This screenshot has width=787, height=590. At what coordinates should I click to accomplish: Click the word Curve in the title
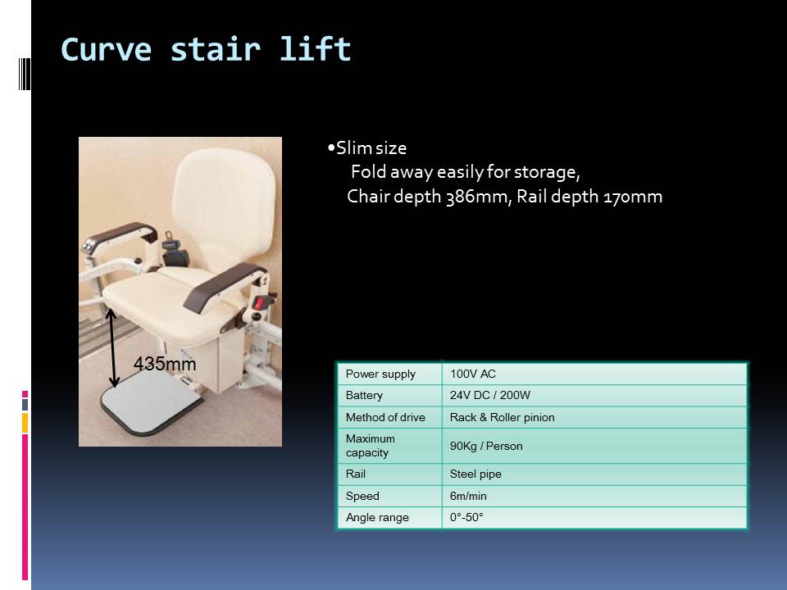click(x=106, y=49)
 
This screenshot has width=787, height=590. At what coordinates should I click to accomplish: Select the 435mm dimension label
click(x=165, y=364)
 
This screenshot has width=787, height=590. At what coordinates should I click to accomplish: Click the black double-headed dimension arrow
click(x=112, y=348)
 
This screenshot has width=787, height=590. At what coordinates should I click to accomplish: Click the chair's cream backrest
click(x=224, y=211)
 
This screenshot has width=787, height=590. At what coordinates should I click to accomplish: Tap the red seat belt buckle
click(x=259, y=303)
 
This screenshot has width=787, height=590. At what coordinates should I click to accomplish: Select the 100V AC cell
click(x=473, y=374)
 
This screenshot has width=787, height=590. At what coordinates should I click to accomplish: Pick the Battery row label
click(x=364, y=395)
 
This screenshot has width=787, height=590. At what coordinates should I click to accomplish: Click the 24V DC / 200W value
click(x=490, y=395)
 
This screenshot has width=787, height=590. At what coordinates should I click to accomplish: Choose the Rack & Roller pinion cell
click(x=502, y=417)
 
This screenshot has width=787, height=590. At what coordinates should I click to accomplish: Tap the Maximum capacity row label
click(x=371, y=446)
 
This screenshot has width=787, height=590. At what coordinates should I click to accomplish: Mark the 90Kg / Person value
click(x=486, y=446)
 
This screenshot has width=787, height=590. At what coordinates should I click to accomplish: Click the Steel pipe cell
click(x=475, y=474)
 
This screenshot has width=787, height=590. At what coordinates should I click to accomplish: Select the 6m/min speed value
click(x=468, y=497)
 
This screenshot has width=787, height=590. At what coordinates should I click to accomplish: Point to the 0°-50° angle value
click(x=466, y=517)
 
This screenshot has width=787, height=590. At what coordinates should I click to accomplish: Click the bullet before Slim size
click(x=330, y=148)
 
